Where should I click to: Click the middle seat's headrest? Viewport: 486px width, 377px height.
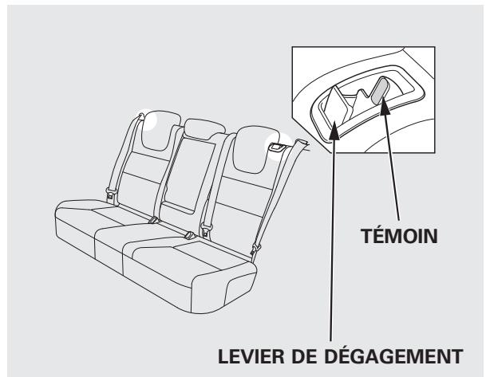(200, 131)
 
